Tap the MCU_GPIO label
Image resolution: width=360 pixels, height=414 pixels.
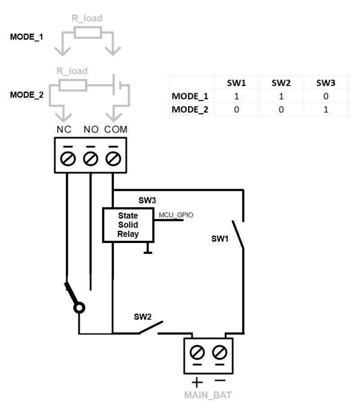click(176, 215)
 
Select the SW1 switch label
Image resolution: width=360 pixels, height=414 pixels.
click(220, 239)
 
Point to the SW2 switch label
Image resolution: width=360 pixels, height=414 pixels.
click(143, 316)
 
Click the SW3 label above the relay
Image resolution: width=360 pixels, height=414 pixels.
click(147, 199)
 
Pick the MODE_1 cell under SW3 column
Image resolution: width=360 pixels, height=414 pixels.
click(326, 96)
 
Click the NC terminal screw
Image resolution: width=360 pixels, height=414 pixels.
click(67, 158)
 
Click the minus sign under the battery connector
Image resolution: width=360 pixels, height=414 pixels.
click(219, 381)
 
